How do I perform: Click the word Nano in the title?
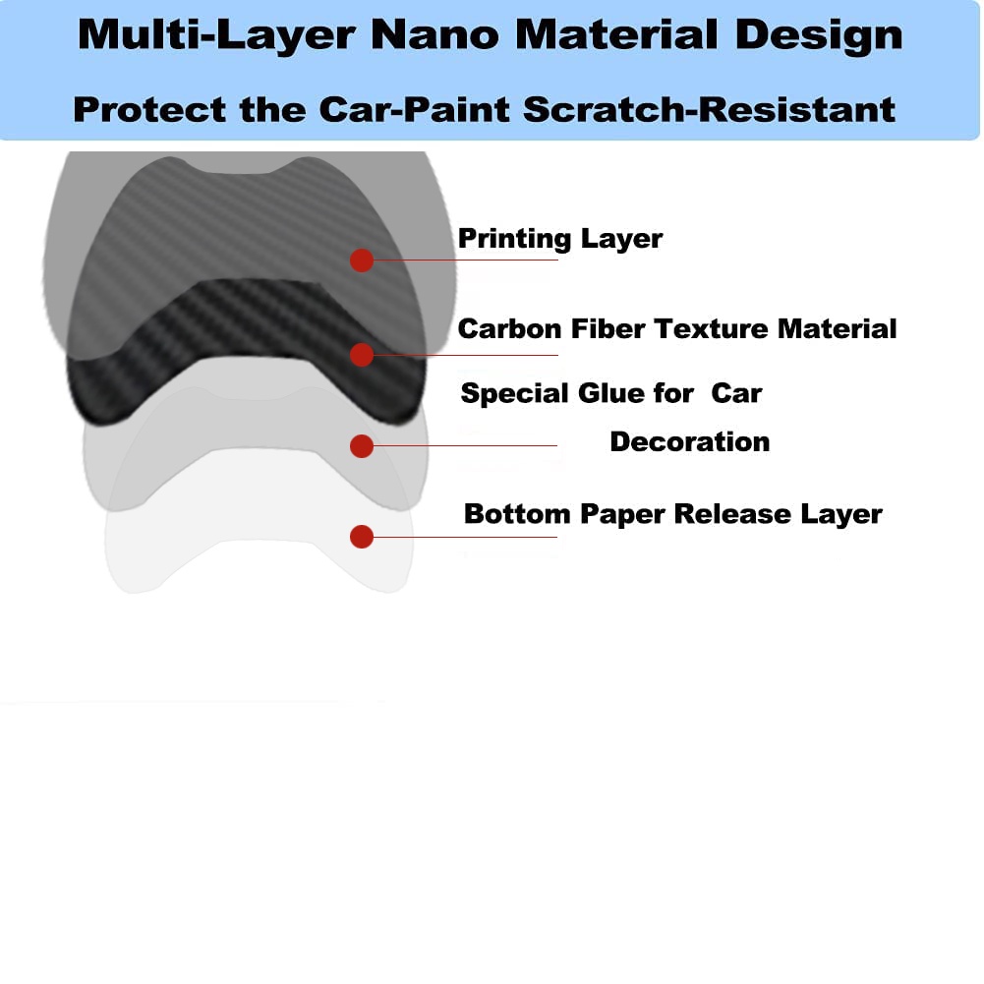434,34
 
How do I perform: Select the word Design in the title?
819,35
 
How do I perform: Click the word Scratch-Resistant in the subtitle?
709,110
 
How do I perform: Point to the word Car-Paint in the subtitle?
414,110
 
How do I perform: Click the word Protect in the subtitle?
149,110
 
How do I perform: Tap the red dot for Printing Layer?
362,260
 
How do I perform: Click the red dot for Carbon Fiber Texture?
362,355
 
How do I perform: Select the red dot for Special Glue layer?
362,446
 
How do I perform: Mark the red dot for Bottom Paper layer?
362,537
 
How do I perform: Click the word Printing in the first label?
514,239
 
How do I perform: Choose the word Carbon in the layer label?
509,329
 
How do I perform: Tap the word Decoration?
690,441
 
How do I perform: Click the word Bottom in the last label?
517,514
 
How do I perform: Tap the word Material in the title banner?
617,34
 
